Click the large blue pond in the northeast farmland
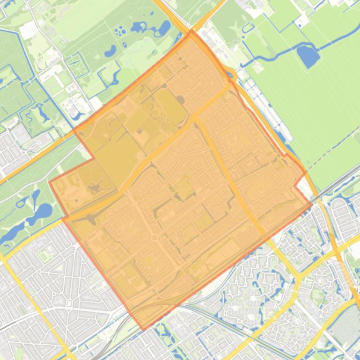(x=309, y=56)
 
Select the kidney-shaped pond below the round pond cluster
(x=110, y=50)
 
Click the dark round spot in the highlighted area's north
(x=180, y=99)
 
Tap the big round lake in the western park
(x=43, y=211)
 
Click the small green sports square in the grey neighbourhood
(x=44, y=255)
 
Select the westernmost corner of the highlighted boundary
(x=50, y=182)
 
